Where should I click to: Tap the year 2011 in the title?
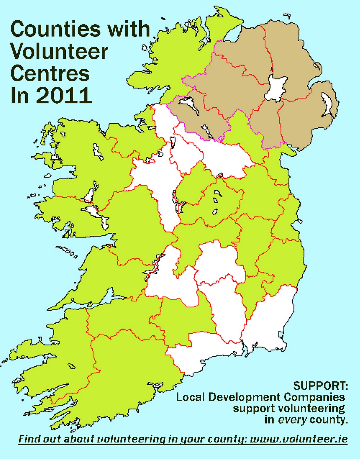click(x=64, y=96)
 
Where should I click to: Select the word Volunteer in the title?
click(x=59, y=51)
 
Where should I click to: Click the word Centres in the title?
click(x=50, y=73)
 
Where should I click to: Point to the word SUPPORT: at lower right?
click(x=320, y=386)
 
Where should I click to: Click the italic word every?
click(x=292, y=420)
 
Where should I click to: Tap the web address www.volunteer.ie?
click(x=299, y=439)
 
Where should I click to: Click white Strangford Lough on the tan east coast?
click(x=327, y=105)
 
